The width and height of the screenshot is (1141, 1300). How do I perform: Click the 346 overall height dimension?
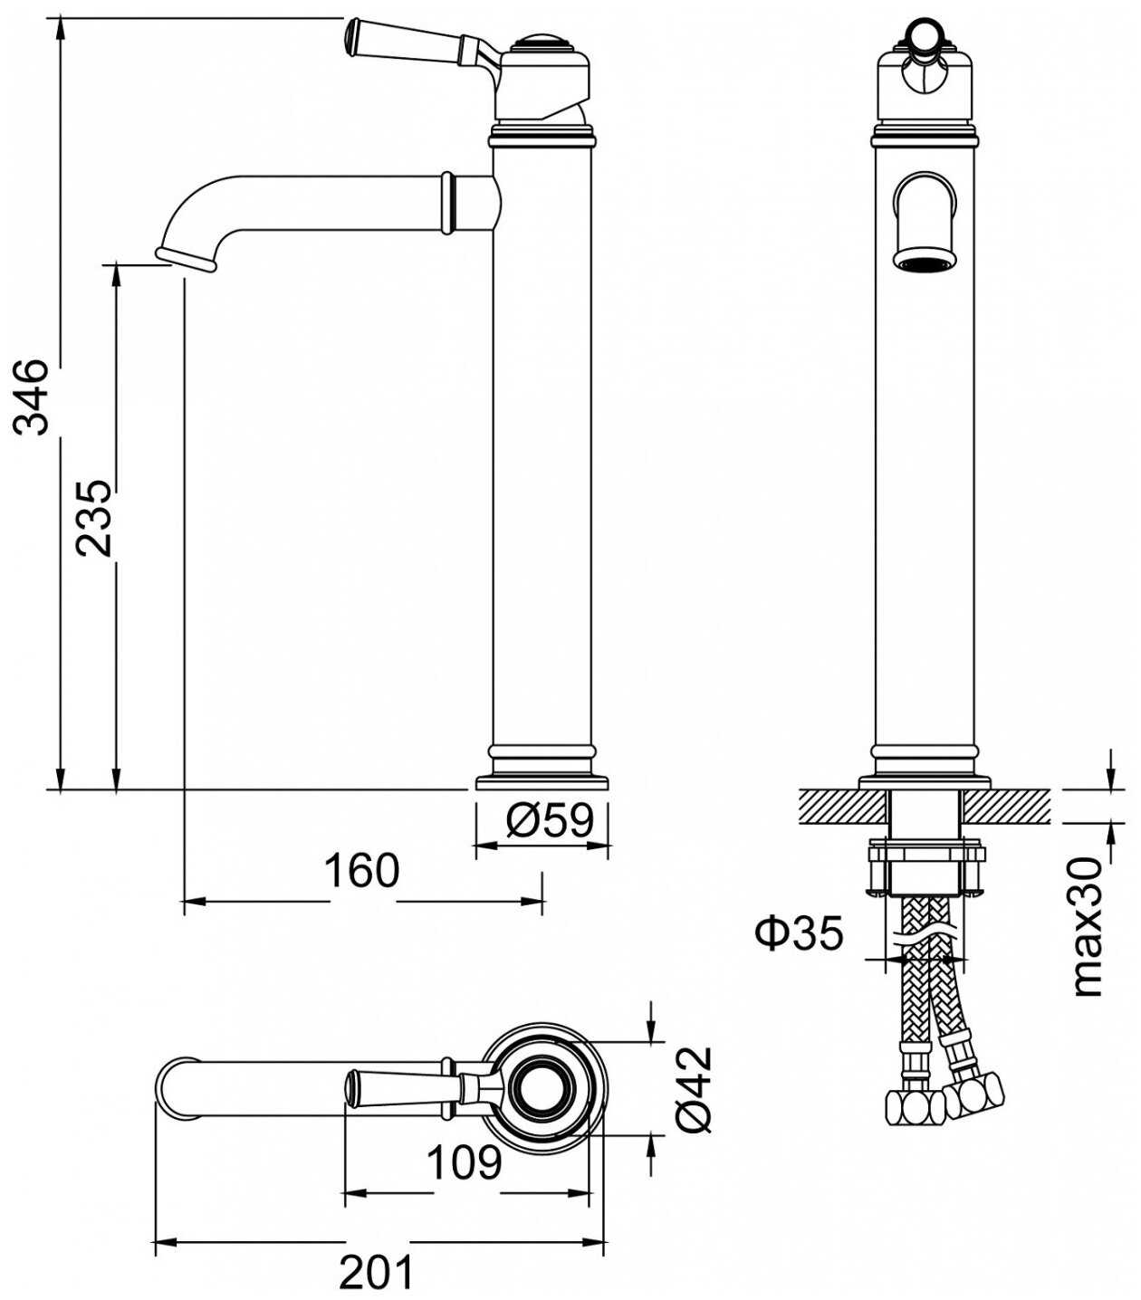[31, 397]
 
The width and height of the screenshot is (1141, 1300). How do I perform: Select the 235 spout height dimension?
[93, 517]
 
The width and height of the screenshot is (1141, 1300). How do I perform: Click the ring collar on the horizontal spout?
[448, 202]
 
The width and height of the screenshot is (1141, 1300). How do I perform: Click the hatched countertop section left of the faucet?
[842, 807]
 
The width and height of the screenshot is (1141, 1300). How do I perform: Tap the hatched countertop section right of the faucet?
[1006, 807]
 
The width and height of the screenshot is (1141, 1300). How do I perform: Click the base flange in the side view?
[542, 781]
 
